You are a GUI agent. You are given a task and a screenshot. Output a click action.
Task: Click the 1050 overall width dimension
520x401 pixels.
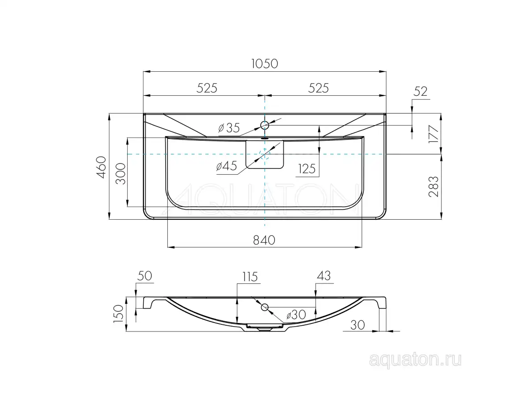(264, 64)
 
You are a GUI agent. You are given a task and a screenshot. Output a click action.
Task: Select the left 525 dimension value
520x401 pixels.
(207, 88)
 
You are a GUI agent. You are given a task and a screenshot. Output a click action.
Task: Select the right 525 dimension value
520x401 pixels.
(318, 88)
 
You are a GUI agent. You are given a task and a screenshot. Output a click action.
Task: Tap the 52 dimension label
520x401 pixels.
(420, 91)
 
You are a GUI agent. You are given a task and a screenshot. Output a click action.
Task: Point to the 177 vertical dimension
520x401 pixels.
(433, 134)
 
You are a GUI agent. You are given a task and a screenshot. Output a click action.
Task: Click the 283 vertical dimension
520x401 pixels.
(433, 186)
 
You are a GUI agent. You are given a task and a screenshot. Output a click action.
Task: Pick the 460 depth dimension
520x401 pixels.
(101, 167)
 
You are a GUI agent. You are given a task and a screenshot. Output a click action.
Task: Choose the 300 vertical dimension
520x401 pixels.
(121, 173)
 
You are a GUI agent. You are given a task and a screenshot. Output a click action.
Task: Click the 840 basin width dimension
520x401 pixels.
(264, 240)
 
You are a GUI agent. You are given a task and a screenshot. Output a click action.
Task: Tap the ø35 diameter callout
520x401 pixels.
(229, 127)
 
